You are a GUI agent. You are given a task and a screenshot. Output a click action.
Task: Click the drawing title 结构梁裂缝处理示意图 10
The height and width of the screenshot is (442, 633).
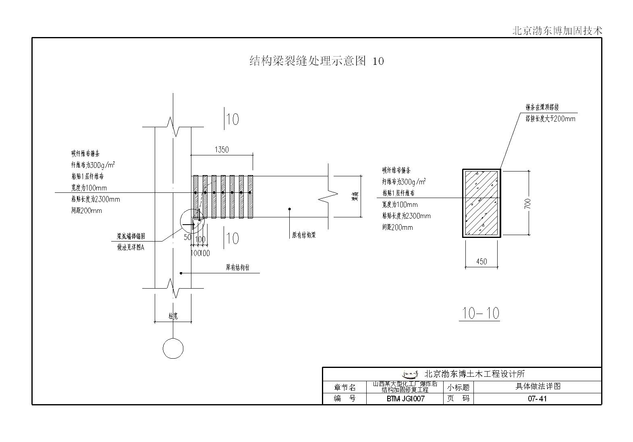316,61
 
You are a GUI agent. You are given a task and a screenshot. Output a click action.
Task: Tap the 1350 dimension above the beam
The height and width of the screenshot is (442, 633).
222,150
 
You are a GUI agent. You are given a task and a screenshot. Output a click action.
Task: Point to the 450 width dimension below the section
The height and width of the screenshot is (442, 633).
481,262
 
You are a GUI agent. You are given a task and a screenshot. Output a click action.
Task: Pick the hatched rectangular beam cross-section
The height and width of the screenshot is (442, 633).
481,203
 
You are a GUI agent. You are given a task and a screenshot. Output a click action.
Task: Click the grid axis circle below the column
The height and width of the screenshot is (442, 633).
173,349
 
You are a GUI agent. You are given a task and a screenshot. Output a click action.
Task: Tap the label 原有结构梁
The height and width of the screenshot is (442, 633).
304,235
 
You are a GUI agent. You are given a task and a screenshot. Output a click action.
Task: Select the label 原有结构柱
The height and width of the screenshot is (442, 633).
237,267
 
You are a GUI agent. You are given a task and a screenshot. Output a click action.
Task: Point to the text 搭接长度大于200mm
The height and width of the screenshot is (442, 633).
550,119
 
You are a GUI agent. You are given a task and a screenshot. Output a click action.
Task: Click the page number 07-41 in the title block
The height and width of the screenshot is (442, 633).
537,399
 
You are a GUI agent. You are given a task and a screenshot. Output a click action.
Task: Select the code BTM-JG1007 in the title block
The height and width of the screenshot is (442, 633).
405,399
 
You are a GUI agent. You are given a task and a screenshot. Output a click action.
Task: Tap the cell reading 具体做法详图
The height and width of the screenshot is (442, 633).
538,386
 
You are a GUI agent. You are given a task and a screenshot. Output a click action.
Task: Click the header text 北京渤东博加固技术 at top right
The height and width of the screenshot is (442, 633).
557,31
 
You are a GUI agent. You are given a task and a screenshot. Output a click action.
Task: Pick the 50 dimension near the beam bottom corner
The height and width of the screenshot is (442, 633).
187,238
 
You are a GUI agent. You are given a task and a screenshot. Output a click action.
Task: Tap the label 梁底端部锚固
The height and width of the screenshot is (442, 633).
131,236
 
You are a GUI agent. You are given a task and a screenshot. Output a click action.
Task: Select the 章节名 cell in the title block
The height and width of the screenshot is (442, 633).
345,388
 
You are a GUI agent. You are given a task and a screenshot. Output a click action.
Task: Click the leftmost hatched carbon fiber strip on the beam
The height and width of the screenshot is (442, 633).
196,196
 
